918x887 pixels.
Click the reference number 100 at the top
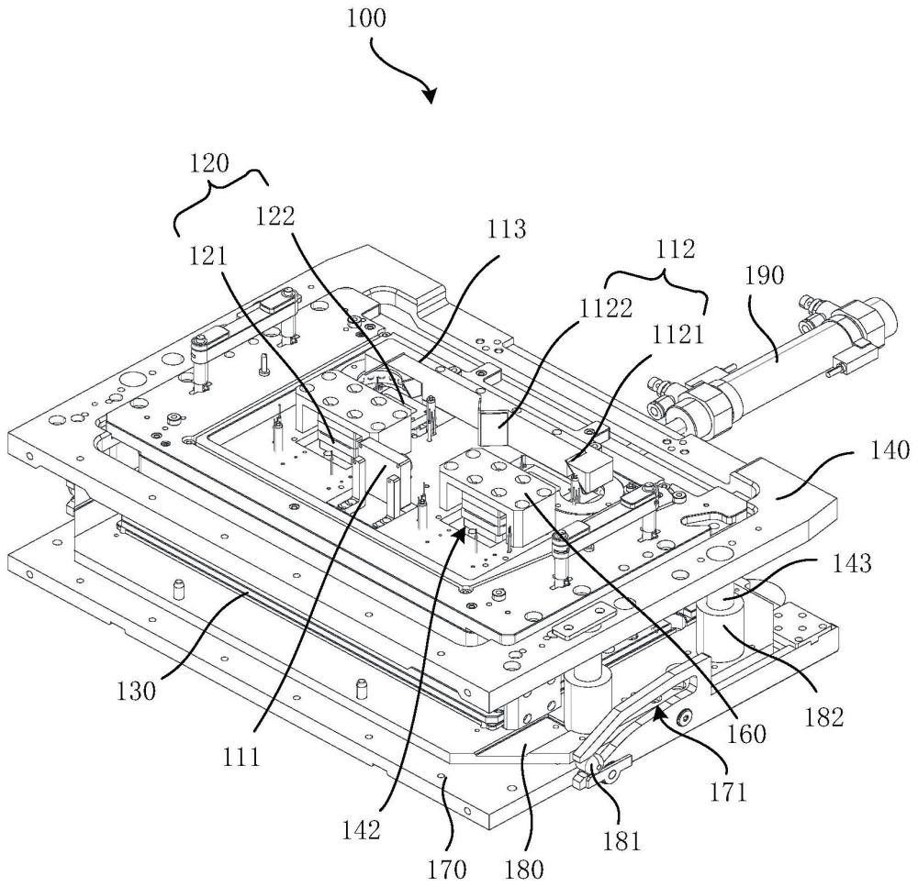click(x=367, y=17)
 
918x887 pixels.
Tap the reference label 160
click(x=751, y=733)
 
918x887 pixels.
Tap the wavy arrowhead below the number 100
click(x=430, y=95)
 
